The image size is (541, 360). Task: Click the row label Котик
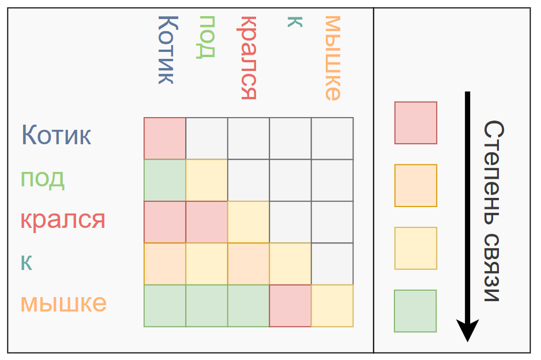(x=57, y=136)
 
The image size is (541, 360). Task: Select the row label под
(x=43, y=178)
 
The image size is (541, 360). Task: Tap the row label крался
(x=63, y=220)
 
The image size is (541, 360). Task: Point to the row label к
(x=27, y=262)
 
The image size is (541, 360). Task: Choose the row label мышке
(x=63, y=303)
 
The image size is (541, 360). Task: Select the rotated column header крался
(x=248, y=57)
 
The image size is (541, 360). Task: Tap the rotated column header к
(x=295, y=22)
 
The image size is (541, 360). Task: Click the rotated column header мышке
(x=333, y=58)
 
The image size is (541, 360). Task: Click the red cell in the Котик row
(x=165, y=138)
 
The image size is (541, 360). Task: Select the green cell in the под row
(x=165, y=180)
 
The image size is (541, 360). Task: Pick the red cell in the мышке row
(x=290, y=306)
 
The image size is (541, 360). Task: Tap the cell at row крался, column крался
(x=249, y=222)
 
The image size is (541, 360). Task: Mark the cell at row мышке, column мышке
(x=332, y=306)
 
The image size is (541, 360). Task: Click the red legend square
(x=415, y=123)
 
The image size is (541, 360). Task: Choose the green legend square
(x=415, y=311)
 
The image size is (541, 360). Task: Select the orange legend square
(x=415, y=186)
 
